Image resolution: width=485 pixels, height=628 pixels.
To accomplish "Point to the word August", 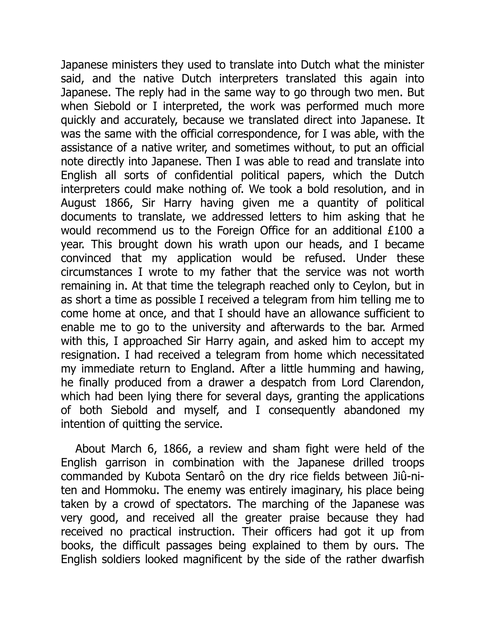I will (x=78, y=203).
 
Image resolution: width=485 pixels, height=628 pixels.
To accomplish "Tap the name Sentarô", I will (x=204, y=477).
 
